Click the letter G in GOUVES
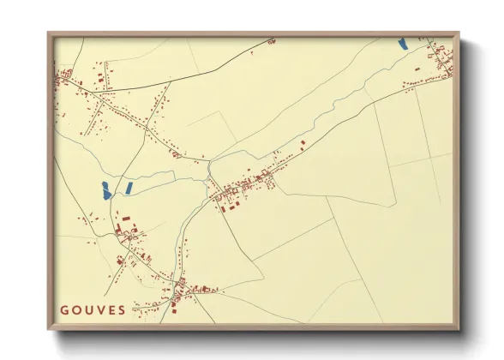tap(63, 310)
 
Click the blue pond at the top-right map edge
tap(402, 42)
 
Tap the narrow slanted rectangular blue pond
tap(128, 186)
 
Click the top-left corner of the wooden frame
tap(49, 33)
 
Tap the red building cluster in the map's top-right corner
tap(441, 57)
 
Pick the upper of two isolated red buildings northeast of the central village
tap(303, 141)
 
